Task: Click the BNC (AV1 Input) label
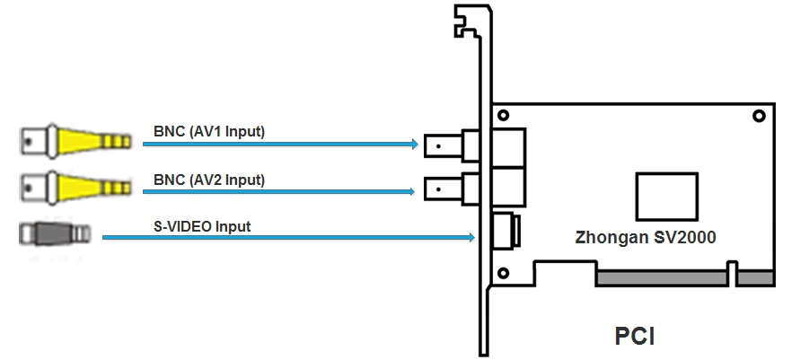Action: [208, 133]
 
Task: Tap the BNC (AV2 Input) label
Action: [208, 180]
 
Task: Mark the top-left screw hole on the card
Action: [505, 115]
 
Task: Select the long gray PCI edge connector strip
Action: [663, 279]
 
